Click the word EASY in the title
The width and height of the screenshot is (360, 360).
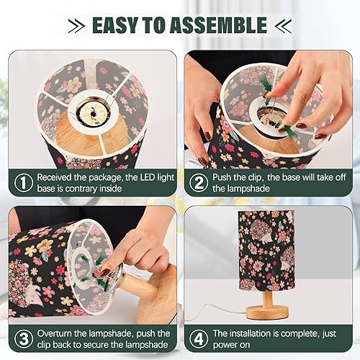[x=118, y=25]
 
